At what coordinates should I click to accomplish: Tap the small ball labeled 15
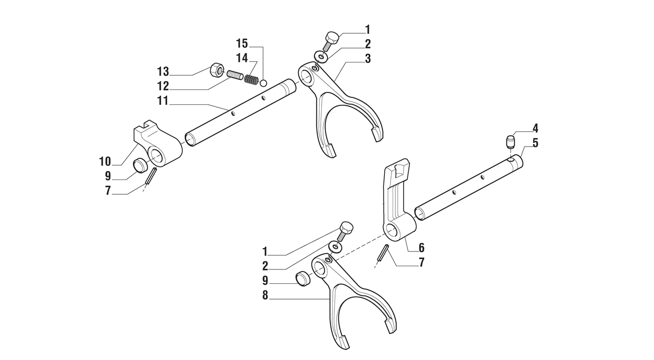(x=264, y=83)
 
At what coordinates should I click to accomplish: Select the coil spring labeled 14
(x=251, y=80)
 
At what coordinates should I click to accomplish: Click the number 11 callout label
(x=163, y=101)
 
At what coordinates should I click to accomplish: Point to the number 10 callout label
(x=105, y=161)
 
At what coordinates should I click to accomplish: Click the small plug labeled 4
(x=511, y=141)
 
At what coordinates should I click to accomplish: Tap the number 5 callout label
(x=535, y=143)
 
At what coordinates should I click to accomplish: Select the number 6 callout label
(x=421, y=248)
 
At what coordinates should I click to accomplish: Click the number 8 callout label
(x=265, y=295)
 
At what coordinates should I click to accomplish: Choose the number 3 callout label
(x=368, y=58)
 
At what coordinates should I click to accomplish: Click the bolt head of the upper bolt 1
(x=332, y=38)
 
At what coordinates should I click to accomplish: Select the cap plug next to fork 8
(x=303, y=279)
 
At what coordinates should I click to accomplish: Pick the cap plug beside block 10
(x=141, y=165)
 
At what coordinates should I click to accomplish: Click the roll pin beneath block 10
(x=151, y=175)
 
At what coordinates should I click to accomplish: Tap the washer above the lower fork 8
(x=335, y=246)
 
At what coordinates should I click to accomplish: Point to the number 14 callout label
(x=242, y=58)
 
